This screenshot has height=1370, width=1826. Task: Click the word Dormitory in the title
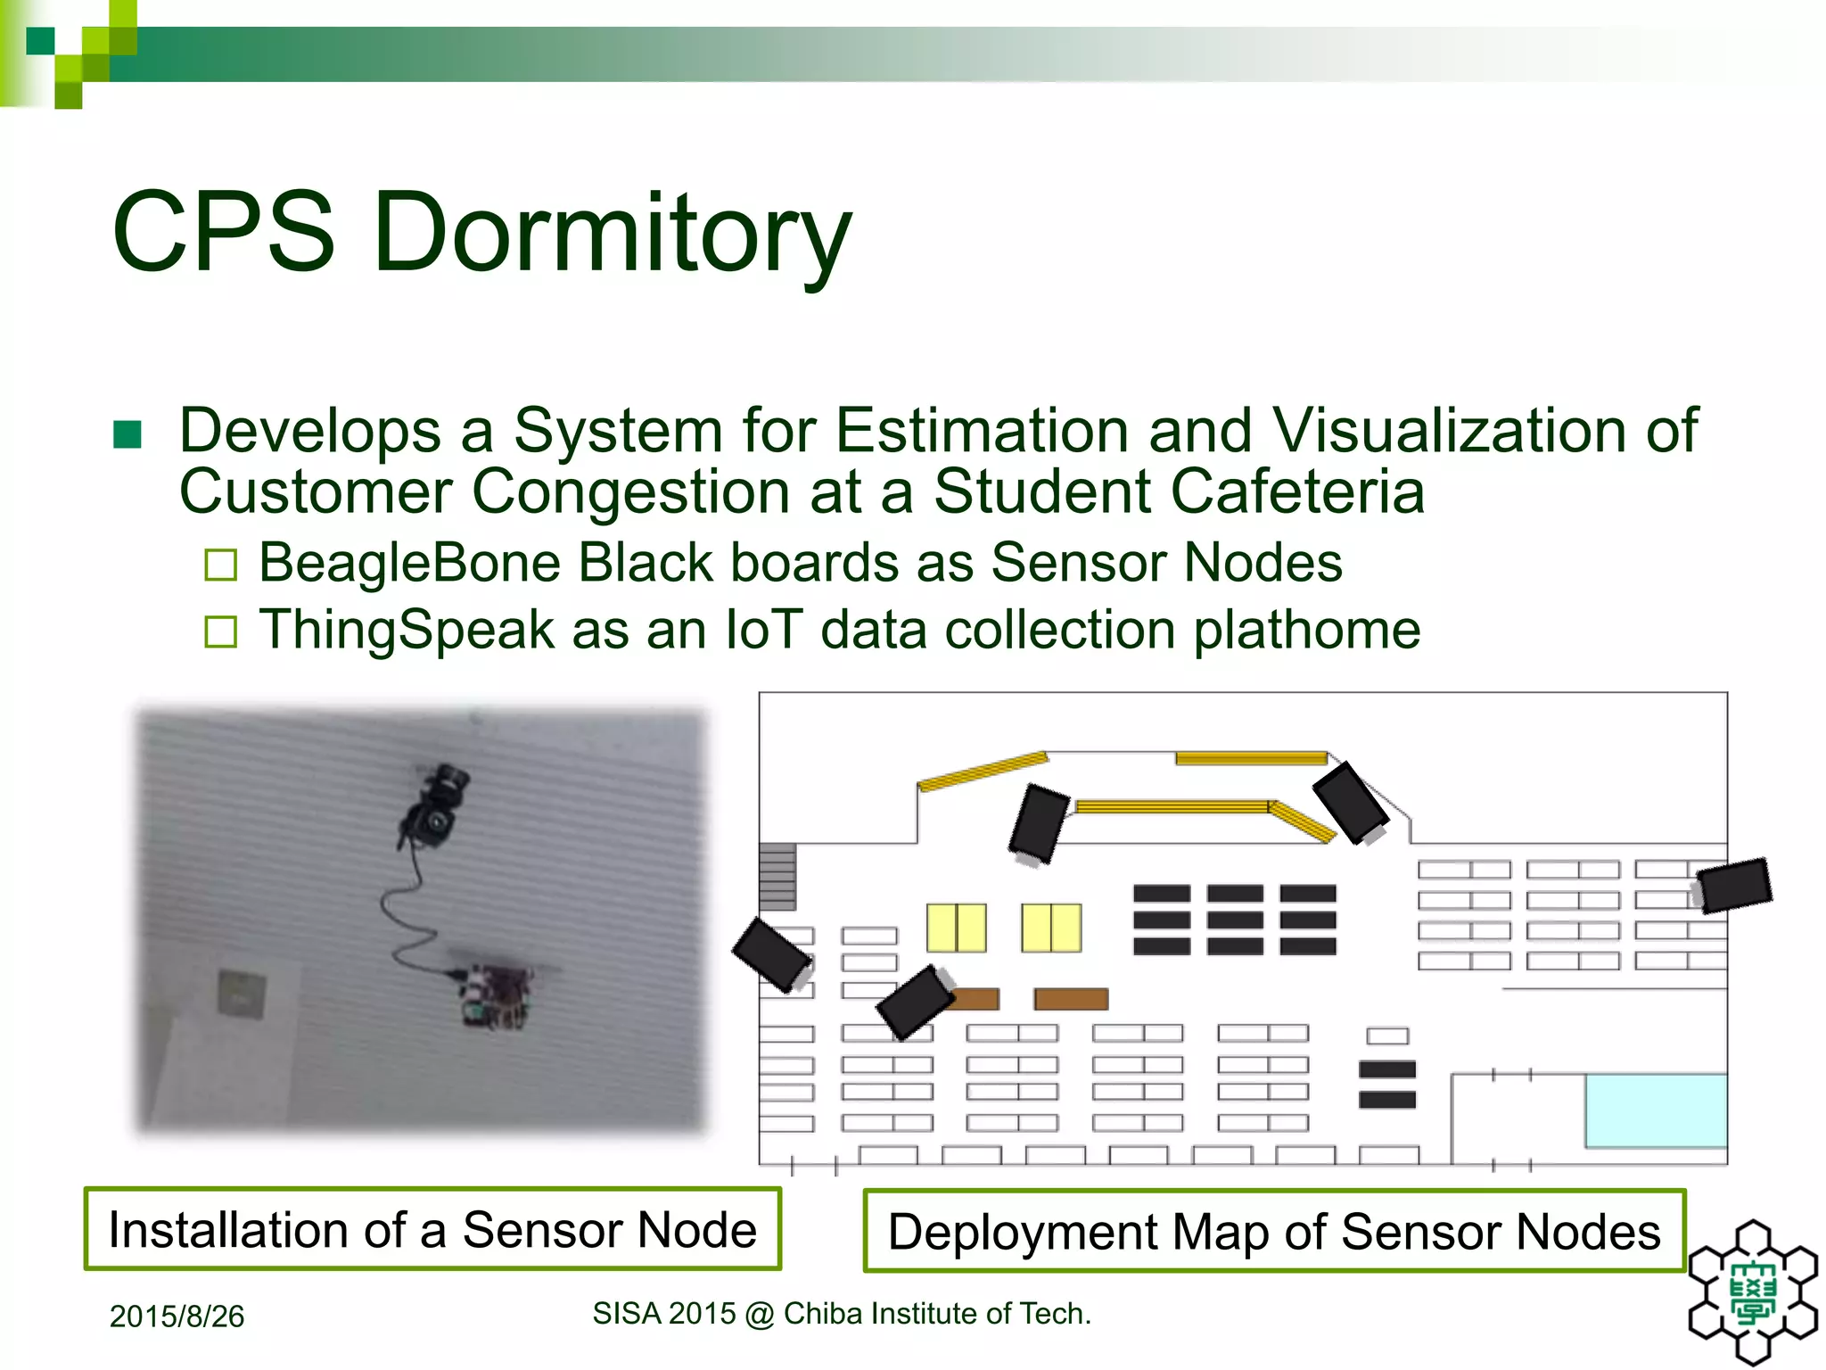click(612, 234)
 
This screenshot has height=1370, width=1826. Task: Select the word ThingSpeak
click(407, 631)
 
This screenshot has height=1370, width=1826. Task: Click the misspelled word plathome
click(1306, 631)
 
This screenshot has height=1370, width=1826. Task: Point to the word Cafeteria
click(1297, 492)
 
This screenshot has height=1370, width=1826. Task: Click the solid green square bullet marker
click(127, 435)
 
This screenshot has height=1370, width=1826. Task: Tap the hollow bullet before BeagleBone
click(220, 565)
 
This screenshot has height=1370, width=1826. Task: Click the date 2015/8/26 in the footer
click(177, 1316)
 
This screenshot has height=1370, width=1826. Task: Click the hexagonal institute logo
click(1752, 1292)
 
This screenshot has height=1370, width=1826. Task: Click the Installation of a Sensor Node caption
click(432, 1230)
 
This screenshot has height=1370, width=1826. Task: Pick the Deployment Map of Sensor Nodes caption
click(1274, 1232)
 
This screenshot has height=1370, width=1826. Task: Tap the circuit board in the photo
click(497, 994)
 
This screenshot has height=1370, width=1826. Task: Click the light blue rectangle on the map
click(1655, 1110)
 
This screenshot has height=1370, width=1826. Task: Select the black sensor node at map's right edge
click(1733, 885)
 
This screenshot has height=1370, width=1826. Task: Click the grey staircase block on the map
click(777, 876)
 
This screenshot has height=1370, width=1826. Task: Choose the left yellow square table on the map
click(956, 928)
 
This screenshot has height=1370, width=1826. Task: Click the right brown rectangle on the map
click(1071, 999)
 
